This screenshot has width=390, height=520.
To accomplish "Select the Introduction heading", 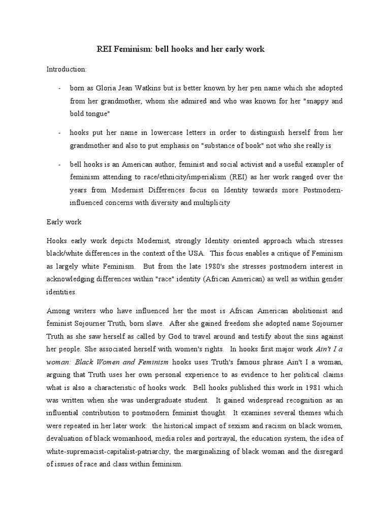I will click(67, 69).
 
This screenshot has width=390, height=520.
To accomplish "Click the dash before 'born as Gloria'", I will click(59, 88).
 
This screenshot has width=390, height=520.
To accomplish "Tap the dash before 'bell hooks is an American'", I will click(59, 165).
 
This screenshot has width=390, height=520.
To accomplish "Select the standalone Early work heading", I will click(64, 222).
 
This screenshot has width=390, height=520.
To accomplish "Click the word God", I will click(172, 336).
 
